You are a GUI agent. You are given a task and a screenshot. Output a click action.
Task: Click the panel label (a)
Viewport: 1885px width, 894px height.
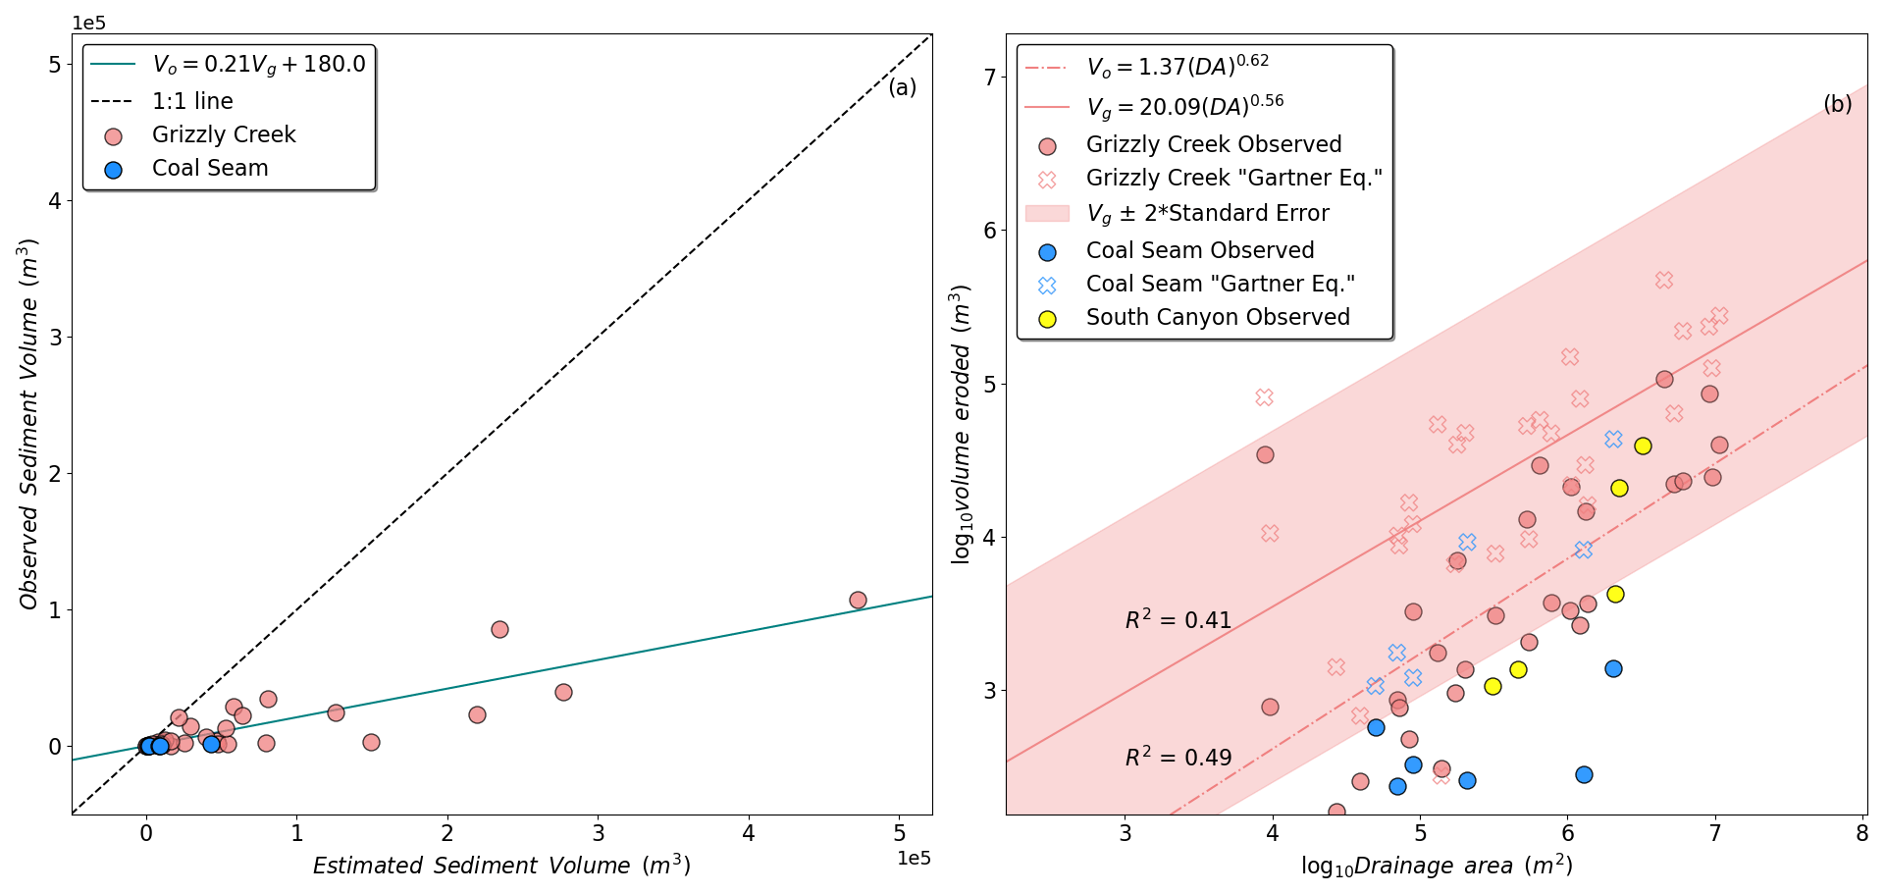[x=902, y=87]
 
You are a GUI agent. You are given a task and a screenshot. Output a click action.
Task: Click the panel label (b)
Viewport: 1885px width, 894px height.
[x=1837, y=104]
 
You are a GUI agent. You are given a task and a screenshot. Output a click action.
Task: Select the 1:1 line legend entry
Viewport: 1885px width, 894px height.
[x=192, y=101]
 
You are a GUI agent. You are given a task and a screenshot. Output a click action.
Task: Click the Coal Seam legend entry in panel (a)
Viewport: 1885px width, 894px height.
[x=210, y=169]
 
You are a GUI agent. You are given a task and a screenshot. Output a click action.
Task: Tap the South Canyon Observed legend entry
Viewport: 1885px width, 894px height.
[x=1217, y=318]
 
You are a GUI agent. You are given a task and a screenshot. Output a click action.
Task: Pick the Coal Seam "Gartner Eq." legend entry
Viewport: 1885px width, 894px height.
[x=1220, y=285]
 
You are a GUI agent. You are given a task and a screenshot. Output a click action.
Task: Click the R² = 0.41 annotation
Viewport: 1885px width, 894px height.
[x=1178, y=619]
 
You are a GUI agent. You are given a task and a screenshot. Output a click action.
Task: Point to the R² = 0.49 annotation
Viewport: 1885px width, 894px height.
[x=1178, y=757]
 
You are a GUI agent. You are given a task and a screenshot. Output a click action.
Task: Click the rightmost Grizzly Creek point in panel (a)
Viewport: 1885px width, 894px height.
[x=858, y=600]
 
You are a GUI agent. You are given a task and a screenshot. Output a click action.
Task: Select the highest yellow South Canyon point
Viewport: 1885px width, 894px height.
[x=1643, y=446]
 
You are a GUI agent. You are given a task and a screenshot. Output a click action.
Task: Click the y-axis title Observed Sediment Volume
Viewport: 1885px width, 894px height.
[x=28, y=424]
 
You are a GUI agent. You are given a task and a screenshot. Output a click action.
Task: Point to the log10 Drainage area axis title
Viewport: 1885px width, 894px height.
[x=1437, y=866]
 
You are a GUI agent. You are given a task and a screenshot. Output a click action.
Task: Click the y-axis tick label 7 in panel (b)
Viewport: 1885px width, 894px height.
[x=989, y=78]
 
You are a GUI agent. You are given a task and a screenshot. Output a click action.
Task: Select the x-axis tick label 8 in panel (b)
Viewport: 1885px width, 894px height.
[x=1862, y=833]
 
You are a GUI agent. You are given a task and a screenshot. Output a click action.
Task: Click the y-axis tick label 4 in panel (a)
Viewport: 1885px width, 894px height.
[x=55, y=201]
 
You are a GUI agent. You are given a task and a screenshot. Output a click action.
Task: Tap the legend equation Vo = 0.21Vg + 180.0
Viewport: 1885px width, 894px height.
[x=258, y=65]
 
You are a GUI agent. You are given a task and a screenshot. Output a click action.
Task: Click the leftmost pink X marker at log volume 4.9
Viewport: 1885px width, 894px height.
[x=1264, y=397]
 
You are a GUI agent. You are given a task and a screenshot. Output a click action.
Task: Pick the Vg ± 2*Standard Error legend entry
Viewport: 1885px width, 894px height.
[x=1207, y=214]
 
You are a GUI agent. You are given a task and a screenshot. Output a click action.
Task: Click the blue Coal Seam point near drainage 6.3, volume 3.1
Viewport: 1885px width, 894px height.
[x=1613, y=668]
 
